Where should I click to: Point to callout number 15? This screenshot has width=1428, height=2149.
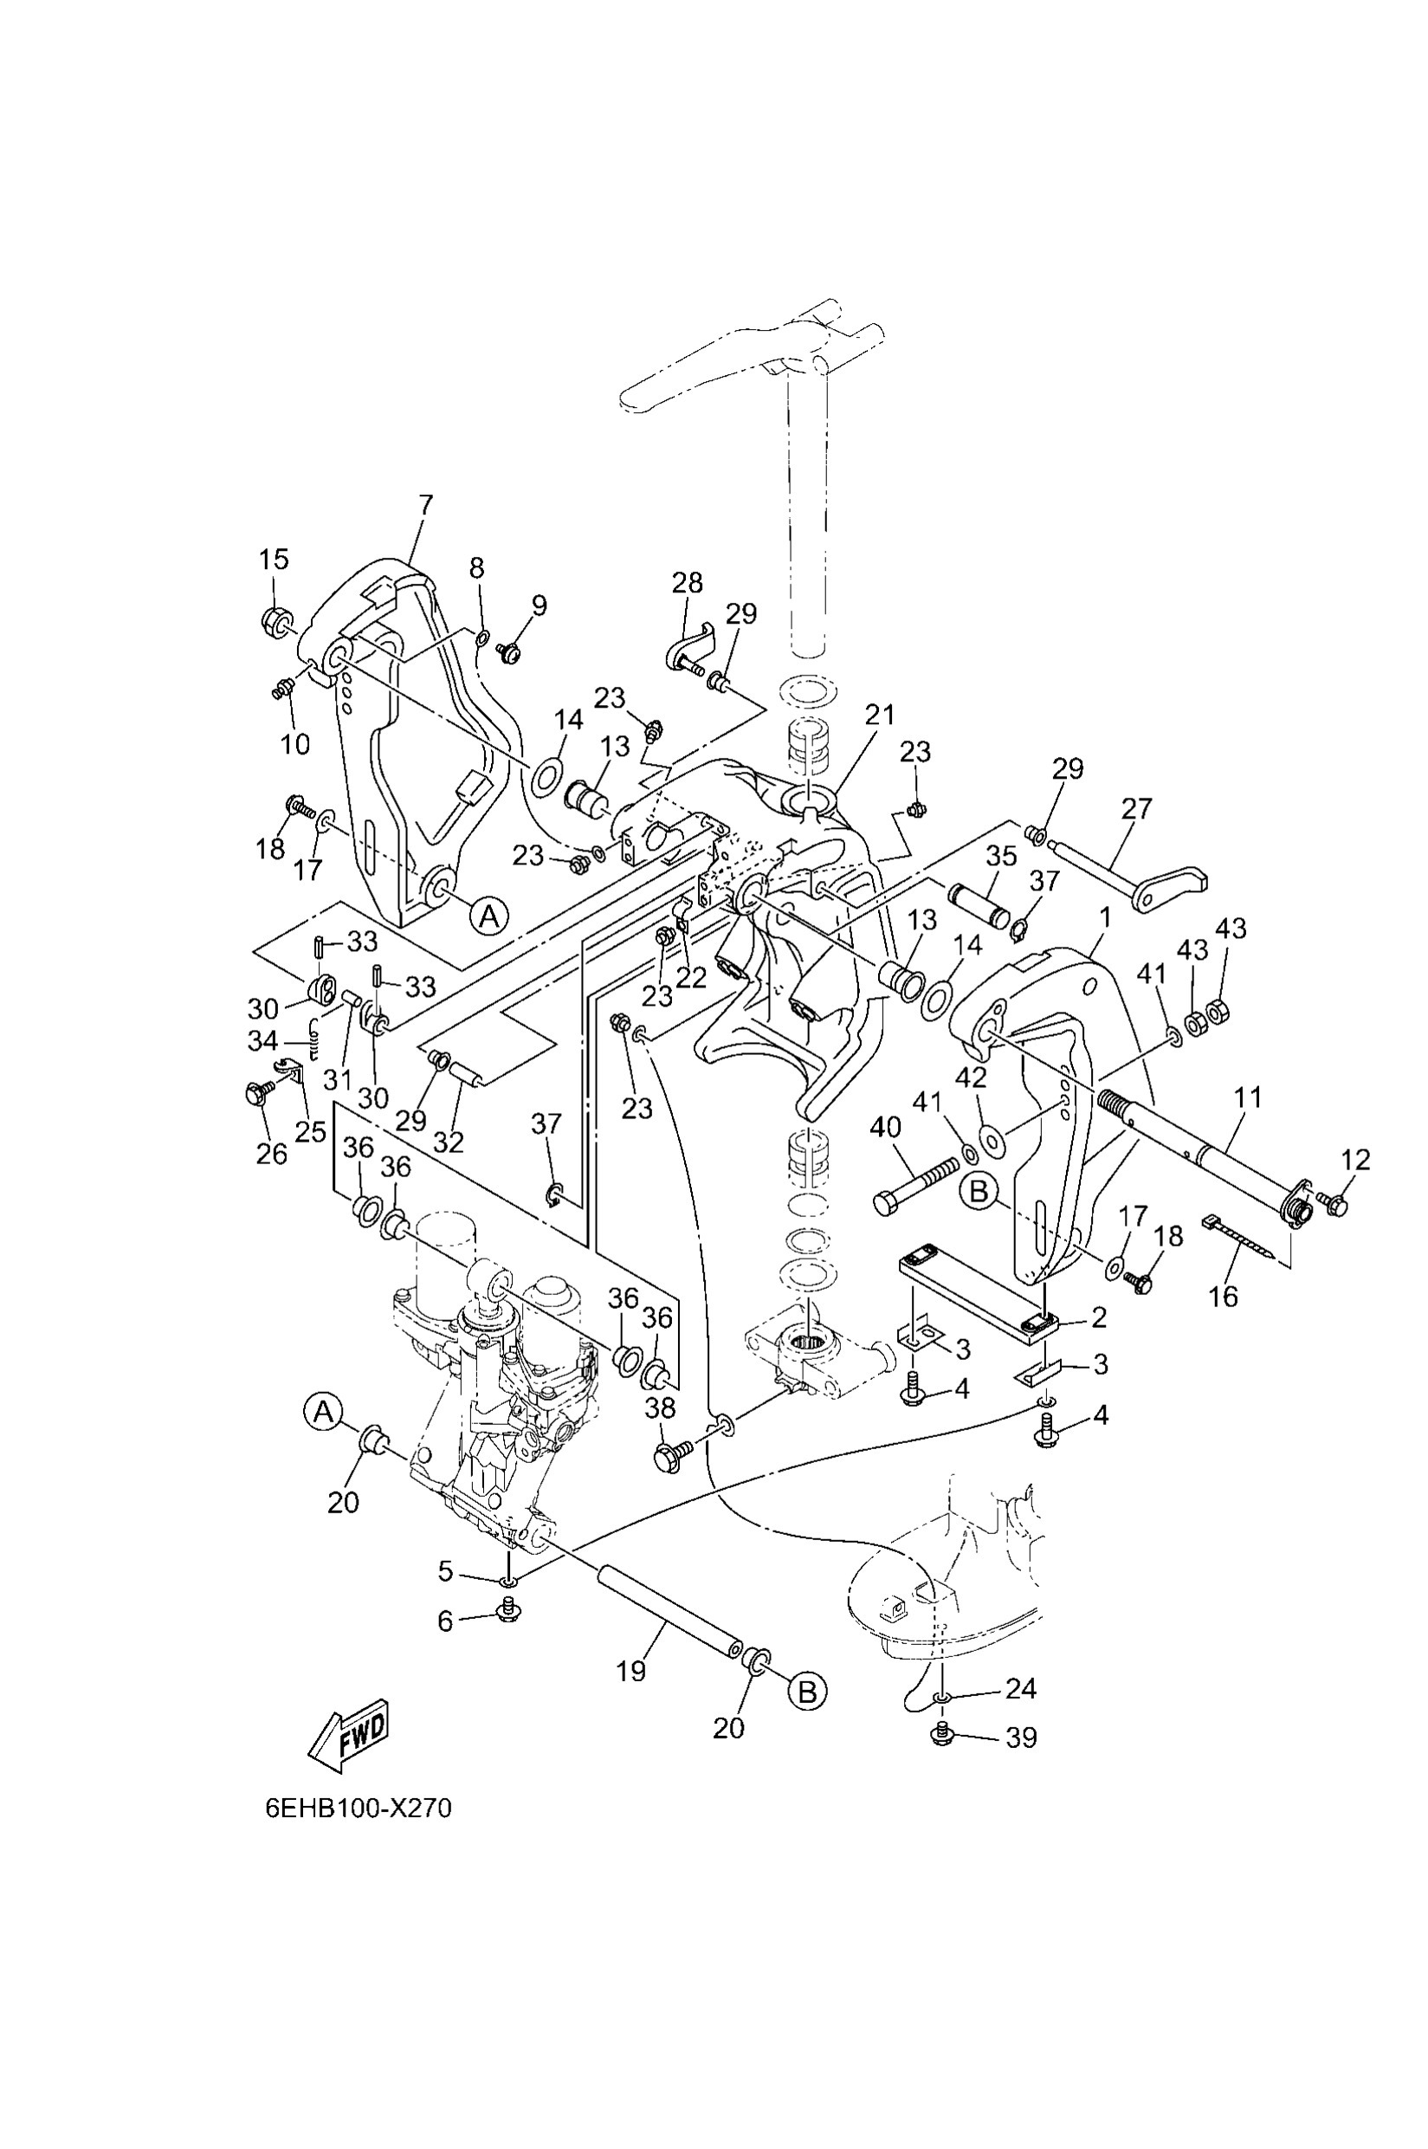273,560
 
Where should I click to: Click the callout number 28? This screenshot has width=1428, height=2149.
688,582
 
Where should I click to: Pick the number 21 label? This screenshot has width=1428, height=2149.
880,715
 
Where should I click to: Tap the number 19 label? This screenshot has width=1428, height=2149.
631,1670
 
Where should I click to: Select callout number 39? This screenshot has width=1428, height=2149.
1021,1738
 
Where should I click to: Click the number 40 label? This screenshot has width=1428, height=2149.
886,1127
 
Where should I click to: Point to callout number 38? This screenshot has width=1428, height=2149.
660,1408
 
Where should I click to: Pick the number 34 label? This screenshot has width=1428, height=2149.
263,1039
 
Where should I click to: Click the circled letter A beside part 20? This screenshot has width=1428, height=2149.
321,1412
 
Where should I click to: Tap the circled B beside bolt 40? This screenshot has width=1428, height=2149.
979,1193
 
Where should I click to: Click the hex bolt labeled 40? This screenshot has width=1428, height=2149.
915,1185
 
